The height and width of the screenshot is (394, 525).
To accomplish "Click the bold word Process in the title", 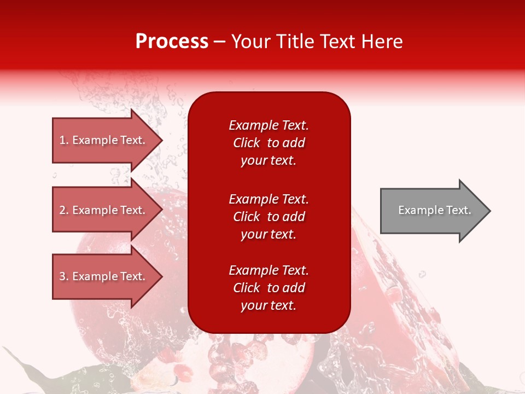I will (172, 42).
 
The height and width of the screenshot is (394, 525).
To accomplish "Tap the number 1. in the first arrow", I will (64, 140).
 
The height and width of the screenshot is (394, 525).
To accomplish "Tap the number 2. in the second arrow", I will (64, 210).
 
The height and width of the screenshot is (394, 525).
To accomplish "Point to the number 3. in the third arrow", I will (64, 276).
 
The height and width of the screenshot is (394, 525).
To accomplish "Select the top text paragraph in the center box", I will (269, 143).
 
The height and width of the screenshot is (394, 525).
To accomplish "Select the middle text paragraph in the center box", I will (269, 217).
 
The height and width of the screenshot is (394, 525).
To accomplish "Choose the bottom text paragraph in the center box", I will (269, 288).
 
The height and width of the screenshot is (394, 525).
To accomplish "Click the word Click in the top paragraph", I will (246, 143).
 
